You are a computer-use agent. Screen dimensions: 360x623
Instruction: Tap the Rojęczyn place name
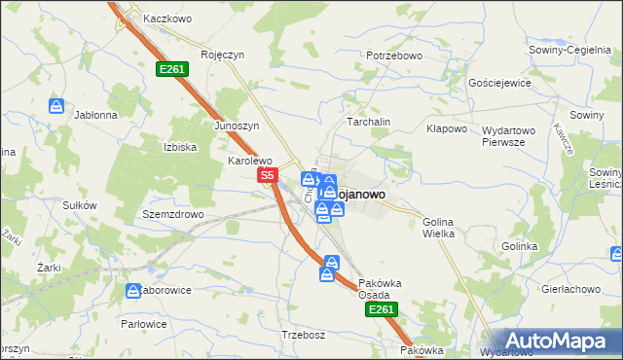point(221,55)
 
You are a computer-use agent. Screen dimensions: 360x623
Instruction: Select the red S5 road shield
point(270,176)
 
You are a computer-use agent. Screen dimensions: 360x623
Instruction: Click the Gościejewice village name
point(499,83)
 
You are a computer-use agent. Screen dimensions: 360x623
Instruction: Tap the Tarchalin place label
point(369,122)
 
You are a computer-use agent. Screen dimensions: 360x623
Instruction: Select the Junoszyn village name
point(236,126)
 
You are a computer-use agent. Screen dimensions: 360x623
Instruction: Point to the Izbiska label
point(180,147)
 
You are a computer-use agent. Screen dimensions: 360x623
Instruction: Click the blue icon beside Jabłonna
point(57,105)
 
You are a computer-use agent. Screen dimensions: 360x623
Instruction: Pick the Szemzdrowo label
point(172,213)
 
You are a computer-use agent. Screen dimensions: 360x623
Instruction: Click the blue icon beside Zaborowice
point(133,290)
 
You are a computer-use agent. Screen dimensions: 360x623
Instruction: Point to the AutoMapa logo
point(556,340)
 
